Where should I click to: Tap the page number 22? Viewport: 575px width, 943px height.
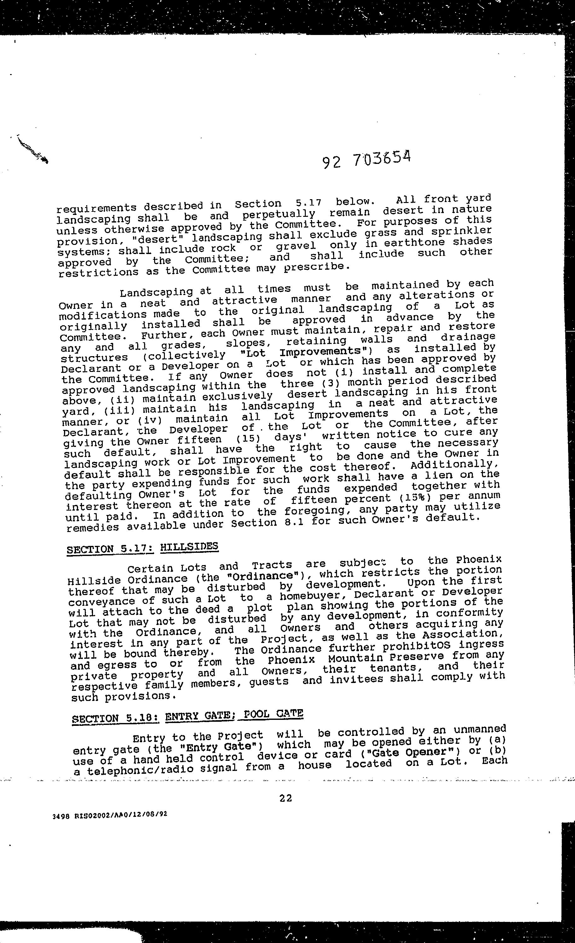click(x=286, y=798)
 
